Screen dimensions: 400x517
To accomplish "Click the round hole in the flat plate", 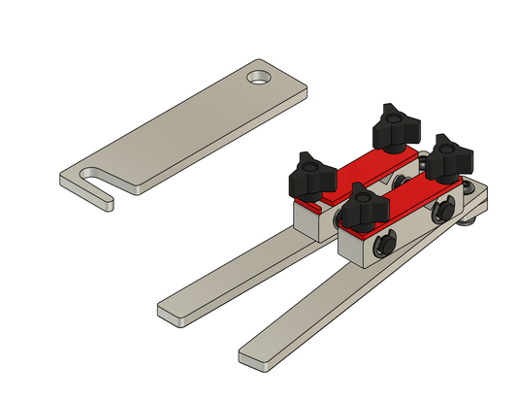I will point(259,76).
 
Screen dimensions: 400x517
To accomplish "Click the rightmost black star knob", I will point(449,154).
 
